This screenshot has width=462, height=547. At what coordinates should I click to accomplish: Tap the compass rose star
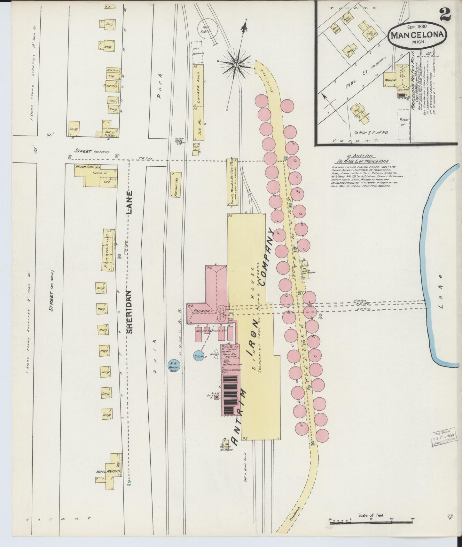pyautogui.click(x=236, y=65)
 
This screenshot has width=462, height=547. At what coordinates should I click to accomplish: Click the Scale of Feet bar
pyautogui.click(x=371, y=523)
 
